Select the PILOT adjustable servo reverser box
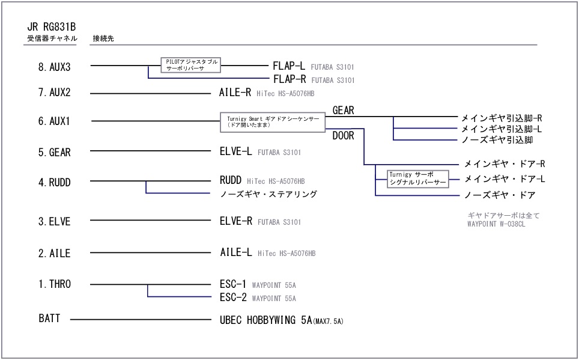(191, 65)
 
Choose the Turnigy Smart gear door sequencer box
(273, 122)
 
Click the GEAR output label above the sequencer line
(343, 110)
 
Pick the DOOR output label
(343, 136)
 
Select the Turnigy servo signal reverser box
(419, 178)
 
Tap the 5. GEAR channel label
(54, 153)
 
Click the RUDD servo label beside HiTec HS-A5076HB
(230, 180)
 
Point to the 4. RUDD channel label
(54, 182)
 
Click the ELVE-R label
(236, 221)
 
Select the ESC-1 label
(233, 284)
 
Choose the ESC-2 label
(233, 297)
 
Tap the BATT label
(49, 319)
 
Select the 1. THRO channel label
(54, 284)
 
